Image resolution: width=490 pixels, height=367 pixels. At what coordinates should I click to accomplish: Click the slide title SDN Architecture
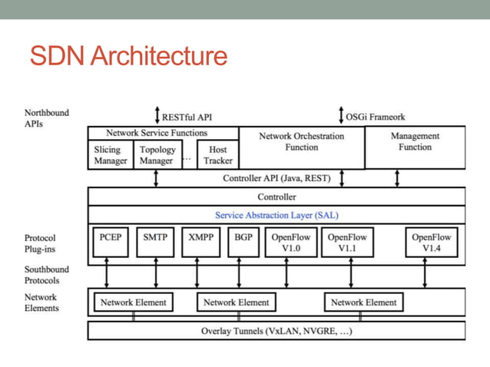pos(128,56)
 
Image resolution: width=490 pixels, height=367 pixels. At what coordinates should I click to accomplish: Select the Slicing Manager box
pos(111,155)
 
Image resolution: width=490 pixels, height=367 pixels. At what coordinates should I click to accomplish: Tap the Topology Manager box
pos(157,155)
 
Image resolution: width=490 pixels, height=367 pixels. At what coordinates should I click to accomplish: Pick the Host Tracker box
pos(217,155)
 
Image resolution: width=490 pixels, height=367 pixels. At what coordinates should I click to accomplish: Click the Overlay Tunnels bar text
pos(276,332)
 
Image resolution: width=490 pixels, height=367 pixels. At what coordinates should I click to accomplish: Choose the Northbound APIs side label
pos(46,117)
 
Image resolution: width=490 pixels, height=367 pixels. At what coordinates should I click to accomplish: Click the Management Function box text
pos(415,141)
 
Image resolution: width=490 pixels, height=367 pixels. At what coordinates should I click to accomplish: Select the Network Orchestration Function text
pos(301,141)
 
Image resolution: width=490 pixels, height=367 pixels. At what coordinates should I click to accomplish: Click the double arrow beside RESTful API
pos(157,117)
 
